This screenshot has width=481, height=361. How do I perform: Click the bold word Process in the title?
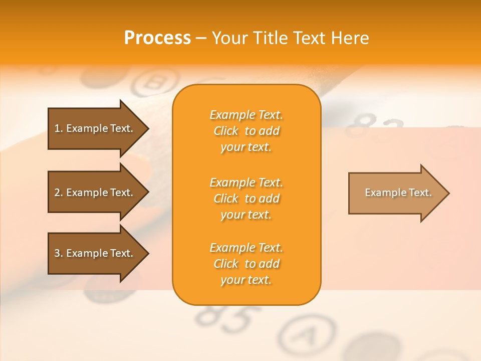(157, 38)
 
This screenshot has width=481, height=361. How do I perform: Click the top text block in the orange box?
(246, 131)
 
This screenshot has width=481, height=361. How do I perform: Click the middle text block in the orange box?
(246, 199)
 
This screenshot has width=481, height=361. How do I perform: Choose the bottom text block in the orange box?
(246, 264)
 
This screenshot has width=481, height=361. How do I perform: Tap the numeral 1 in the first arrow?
(57, 128)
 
